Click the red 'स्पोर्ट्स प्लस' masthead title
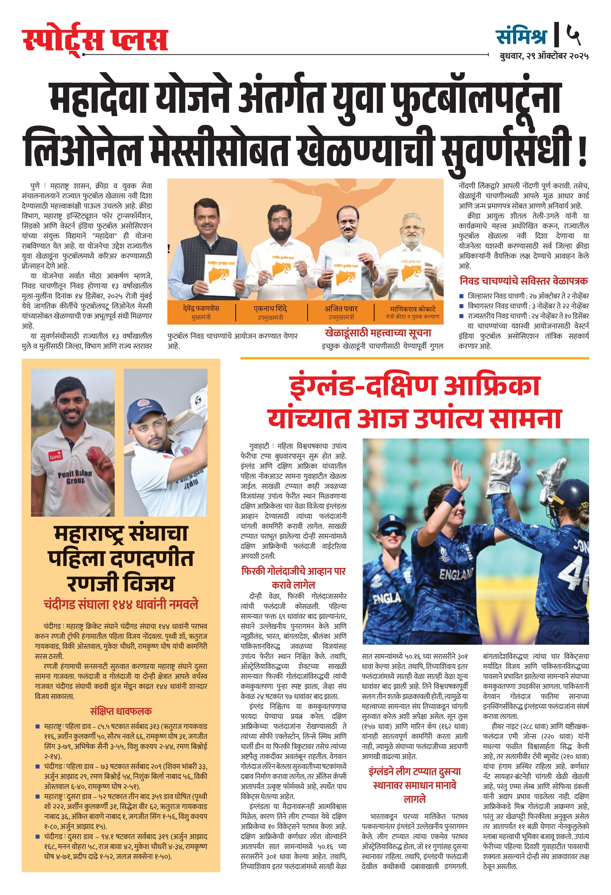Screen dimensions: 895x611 pos(95,39)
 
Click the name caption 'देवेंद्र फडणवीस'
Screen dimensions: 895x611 pos(201,308)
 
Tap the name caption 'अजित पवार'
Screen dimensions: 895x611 pos(341,308)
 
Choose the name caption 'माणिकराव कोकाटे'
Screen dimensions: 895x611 pos(412,308)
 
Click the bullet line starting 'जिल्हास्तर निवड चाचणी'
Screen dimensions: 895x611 pos(527,296)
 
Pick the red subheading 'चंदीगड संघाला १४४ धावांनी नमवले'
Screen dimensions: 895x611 pos(121,604)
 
